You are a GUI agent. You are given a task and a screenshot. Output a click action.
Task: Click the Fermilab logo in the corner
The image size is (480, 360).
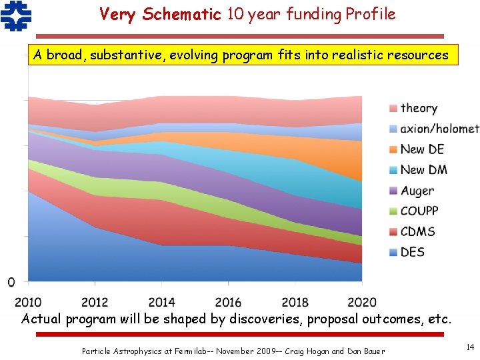pyautogui.click(x=16, y=16)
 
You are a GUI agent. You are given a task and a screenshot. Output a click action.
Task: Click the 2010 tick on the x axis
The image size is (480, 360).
pyautogui.click(x=28, y=302)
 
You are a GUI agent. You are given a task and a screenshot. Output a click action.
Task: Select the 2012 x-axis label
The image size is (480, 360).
pyautogui.click(x=95, y=302)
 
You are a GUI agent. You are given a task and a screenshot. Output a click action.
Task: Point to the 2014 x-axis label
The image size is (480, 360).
pyautogui.click(x=161, y=302)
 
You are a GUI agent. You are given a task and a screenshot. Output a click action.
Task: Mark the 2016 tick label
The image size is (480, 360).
pyautogui.click(x=228, y=302)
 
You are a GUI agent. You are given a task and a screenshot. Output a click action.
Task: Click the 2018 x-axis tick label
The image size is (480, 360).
pyautogui.click(x=295, y=302)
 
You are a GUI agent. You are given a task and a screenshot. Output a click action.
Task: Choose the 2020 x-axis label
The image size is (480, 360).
pyautogui.click(x=361, y=302)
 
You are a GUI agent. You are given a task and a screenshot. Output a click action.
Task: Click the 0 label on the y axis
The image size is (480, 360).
pyautogui.click(x=11, y=283)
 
